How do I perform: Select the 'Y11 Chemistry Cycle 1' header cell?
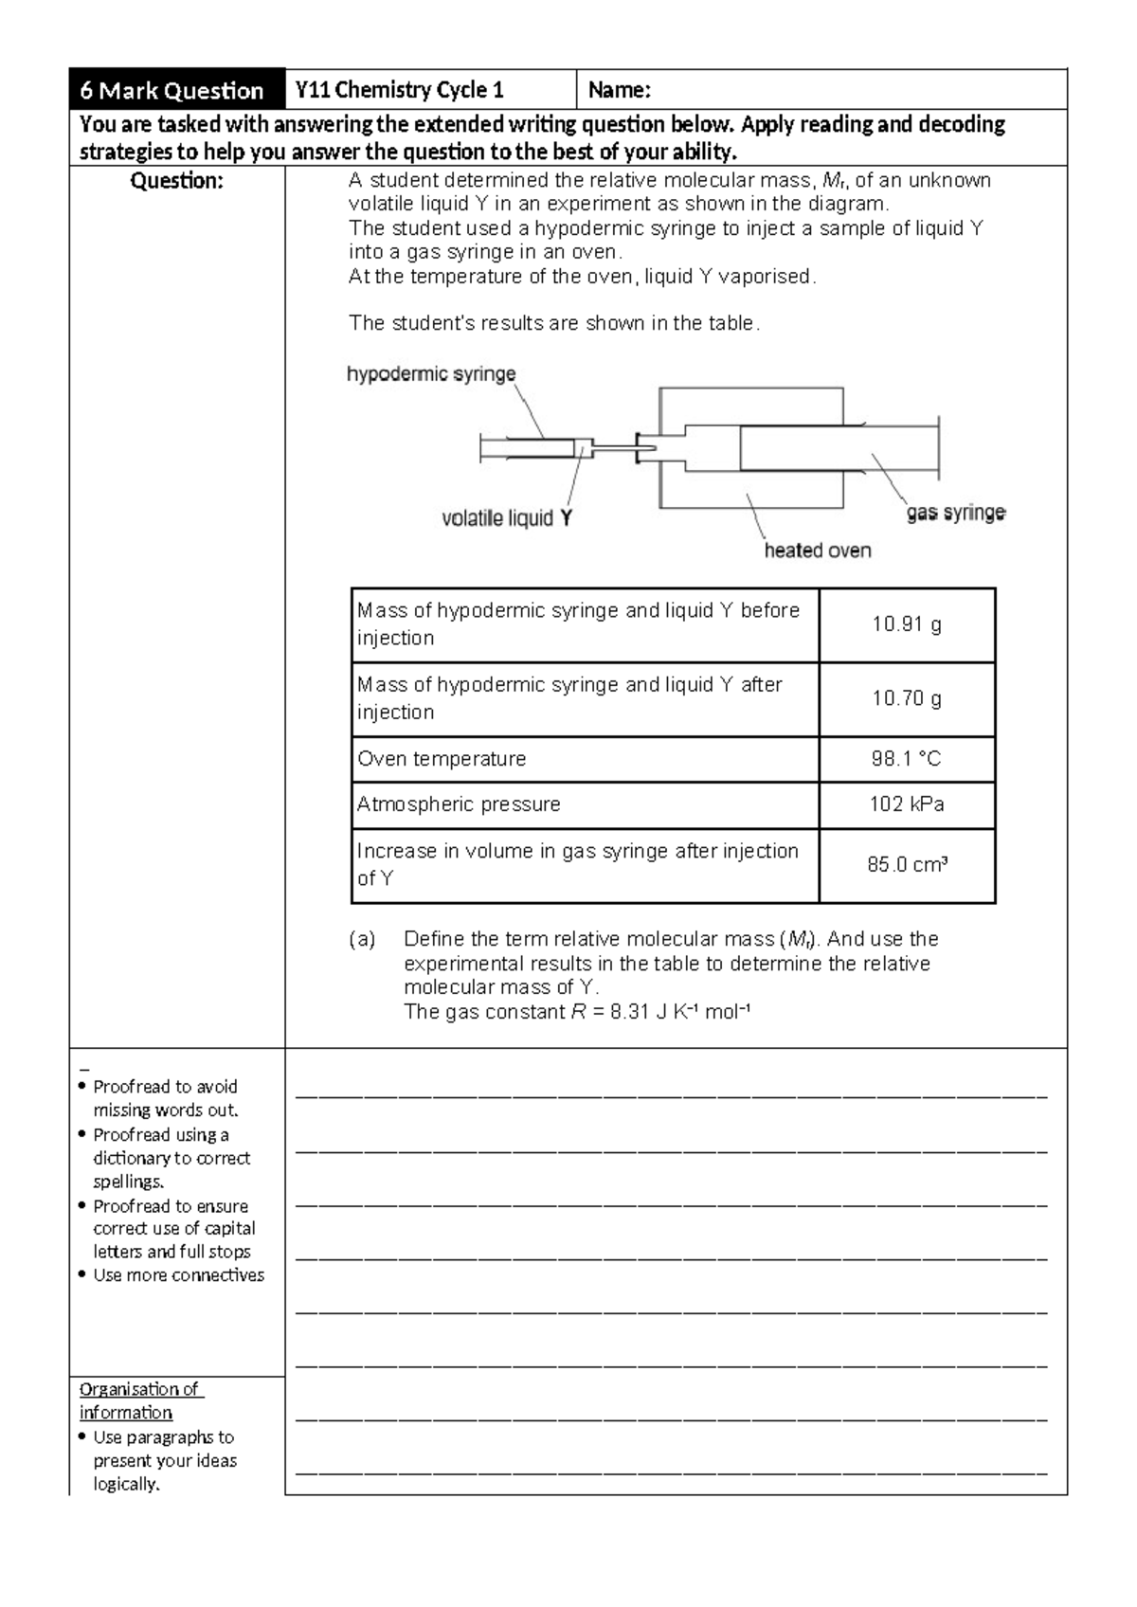[x=400, y=90]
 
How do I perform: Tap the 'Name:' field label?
[x=620, y=90]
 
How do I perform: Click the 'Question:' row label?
[x=176, y=181]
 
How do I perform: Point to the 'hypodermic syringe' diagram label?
[x=431, y=374]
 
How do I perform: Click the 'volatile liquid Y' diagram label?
[x=507, y=518]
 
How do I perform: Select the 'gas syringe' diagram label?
[x=956, y=513]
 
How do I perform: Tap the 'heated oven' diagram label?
[x=818, y=551]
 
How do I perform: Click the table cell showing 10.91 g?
[x=907, y=624]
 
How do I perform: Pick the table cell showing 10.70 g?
[x=907, y=698]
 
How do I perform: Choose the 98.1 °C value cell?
[x=907, y=759]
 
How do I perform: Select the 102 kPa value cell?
[x=907, y=804]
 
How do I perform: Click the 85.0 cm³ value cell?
[x=907, y=864]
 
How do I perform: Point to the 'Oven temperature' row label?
[x=442, y=759]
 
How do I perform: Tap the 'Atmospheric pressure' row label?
[x=459, y=804]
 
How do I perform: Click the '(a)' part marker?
[x=362, y=939]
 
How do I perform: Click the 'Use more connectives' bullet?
[x=178, y=1275]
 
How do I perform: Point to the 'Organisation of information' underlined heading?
[x=140, y=1400]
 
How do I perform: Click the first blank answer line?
[x=671, y=1096]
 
